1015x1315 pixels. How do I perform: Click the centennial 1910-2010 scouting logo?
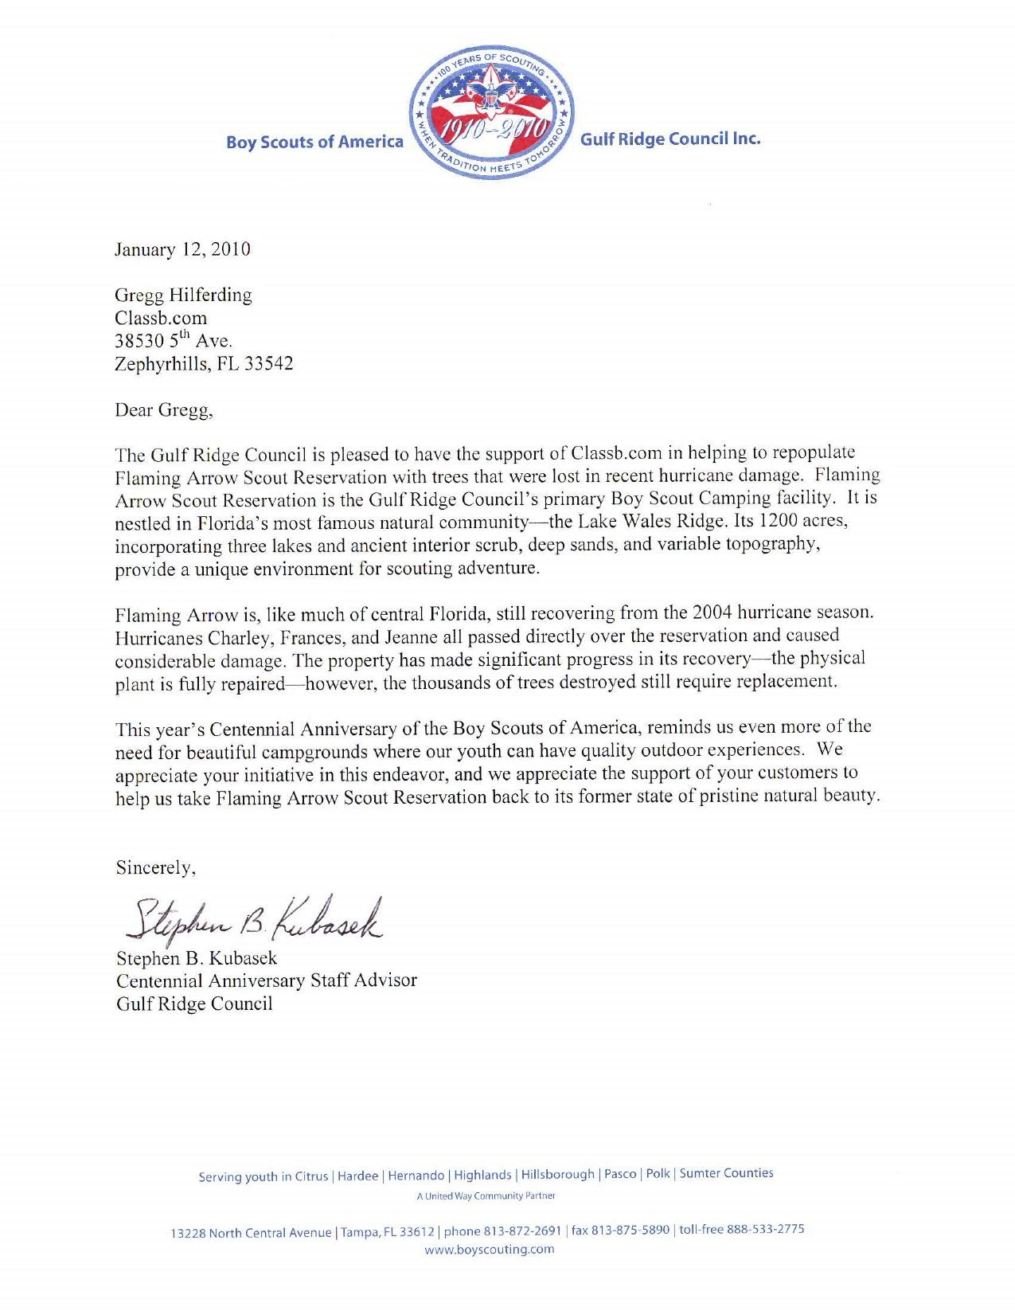pos(491,113)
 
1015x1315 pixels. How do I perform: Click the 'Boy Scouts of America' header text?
pos(314,142)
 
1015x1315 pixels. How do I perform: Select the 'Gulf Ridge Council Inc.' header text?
pos(670,139)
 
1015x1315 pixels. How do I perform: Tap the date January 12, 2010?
pos(182,249)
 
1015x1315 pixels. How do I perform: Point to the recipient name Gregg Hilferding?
pos(183,295)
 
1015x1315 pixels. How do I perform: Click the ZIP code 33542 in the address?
pos(269,364)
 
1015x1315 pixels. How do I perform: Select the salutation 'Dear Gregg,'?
pos(164,410)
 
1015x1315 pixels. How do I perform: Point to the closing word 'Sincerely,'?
pos(156,867)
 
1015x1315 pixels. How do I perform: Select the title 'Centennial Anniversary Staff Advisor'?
pos(266,980)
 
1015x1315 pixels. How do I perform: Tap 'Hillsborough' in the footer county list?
pos(557,1175)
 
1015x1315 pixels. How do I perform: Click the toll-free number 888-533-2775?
pos(765,1229)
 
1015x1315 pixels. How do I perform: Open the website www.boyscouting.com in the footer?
pos(489,1250)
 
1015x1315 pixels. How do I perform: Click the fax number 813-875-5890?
pos(630,1230)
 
